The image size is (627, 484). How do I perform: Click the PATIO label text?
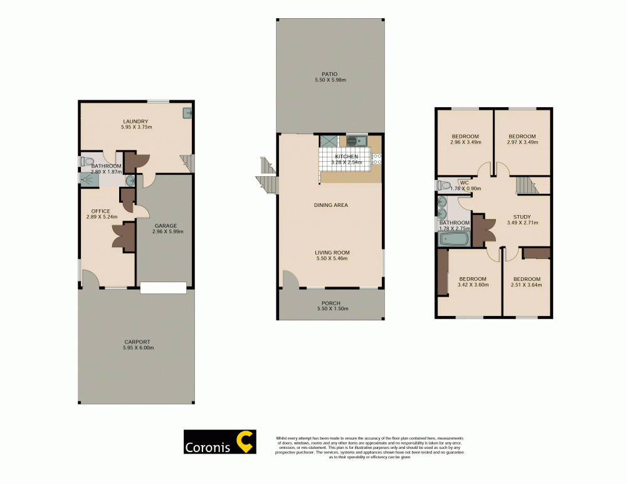point(330,74)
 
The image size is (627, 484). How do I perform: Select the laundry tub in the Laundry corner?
point(187,113)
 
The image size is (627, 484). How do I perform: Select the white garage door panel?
point(163,288)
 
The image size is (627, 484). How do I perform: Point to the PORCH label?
point(330,303)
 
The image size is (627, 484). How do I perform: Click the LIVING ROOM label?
point(330,253)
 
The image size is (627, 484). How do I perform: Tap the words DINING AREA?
point(330,205)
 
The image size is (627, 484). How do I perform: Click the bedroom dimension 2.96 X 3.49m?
point(465,142)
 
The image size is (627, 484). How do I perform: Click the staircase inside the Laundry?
point(186,163)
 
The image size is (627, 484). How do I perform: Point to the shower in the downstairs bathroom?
point(88,180)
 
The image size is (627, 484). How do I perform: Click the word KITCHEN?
point(347,156)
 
